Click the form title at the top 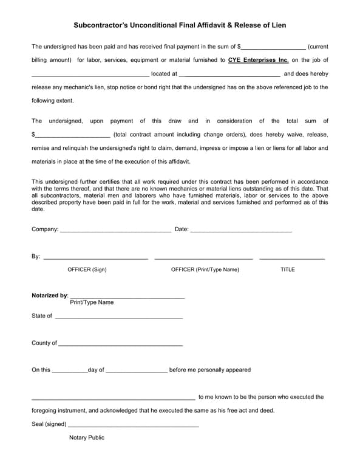point(180,25)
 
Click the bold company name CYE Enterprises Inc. point(258,59)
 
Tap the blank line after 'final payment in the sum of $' point(273,47)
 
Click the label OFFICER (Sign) point(87,269)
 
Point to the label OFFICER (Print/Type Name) point(205,269)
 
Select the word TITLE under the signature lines point(287,269)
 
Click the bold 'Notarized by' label point(50,295)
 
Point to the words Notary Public point(87,437)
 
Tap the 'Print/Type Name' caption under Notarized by point(92,302)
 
